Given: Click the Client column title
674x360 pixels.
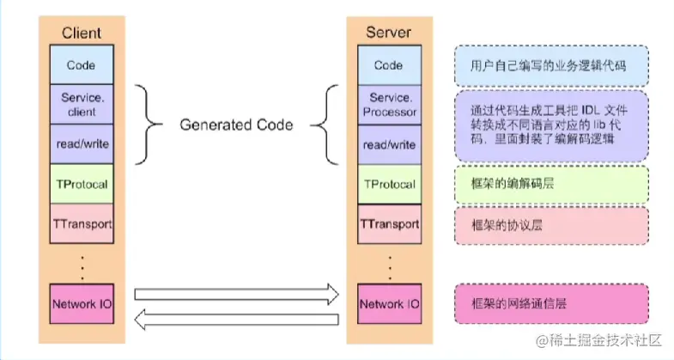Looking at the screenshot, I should tap(81, 34).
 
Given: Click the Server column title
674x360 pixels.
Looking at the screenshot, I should tap(388, 34).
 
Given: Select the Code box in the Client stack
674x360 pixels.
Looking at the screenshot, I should tap(81, 64).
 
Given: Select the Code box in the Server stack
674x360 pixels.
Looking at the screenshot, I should tap(388, 64).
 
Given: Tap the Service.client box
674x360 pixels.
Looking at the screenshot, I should tap(81, 104).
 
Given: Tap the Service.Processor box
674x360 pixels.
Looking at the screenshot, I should tap(388, 104).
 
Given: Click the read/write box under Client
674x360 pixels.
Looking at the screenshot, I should tap(81, 144).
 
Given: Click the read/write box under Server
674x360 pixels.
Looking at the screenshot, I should tap(388, 144).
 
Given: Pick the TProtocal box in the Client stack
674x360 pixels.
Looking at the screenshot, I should tap(81, 184).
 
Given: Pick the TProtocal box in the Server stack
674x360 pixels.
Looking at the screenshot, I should tap(388, 184).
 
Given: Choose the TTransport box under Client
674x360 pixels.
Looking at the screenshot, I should tap(81, 224).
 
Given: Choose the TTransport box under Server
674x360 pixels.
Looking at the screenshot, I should tap(388, 224).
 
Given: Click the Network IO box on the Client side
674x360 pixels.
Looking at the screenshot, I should tap(81, 303).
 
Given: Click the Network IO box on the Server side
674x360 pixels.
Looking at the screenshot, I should tap(388, 303).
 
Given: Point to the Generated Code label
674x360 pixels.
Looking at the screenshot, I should tap(236, 125).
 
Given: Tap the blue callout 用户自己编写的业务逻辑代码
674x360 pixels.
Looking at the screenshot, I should tap(550, 64).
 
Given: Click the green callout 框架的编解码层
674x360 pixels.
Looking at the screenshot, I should tap(550, 184).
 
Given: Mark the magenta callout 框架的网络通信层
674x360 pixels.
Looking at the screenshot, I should tap(550, 303).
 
